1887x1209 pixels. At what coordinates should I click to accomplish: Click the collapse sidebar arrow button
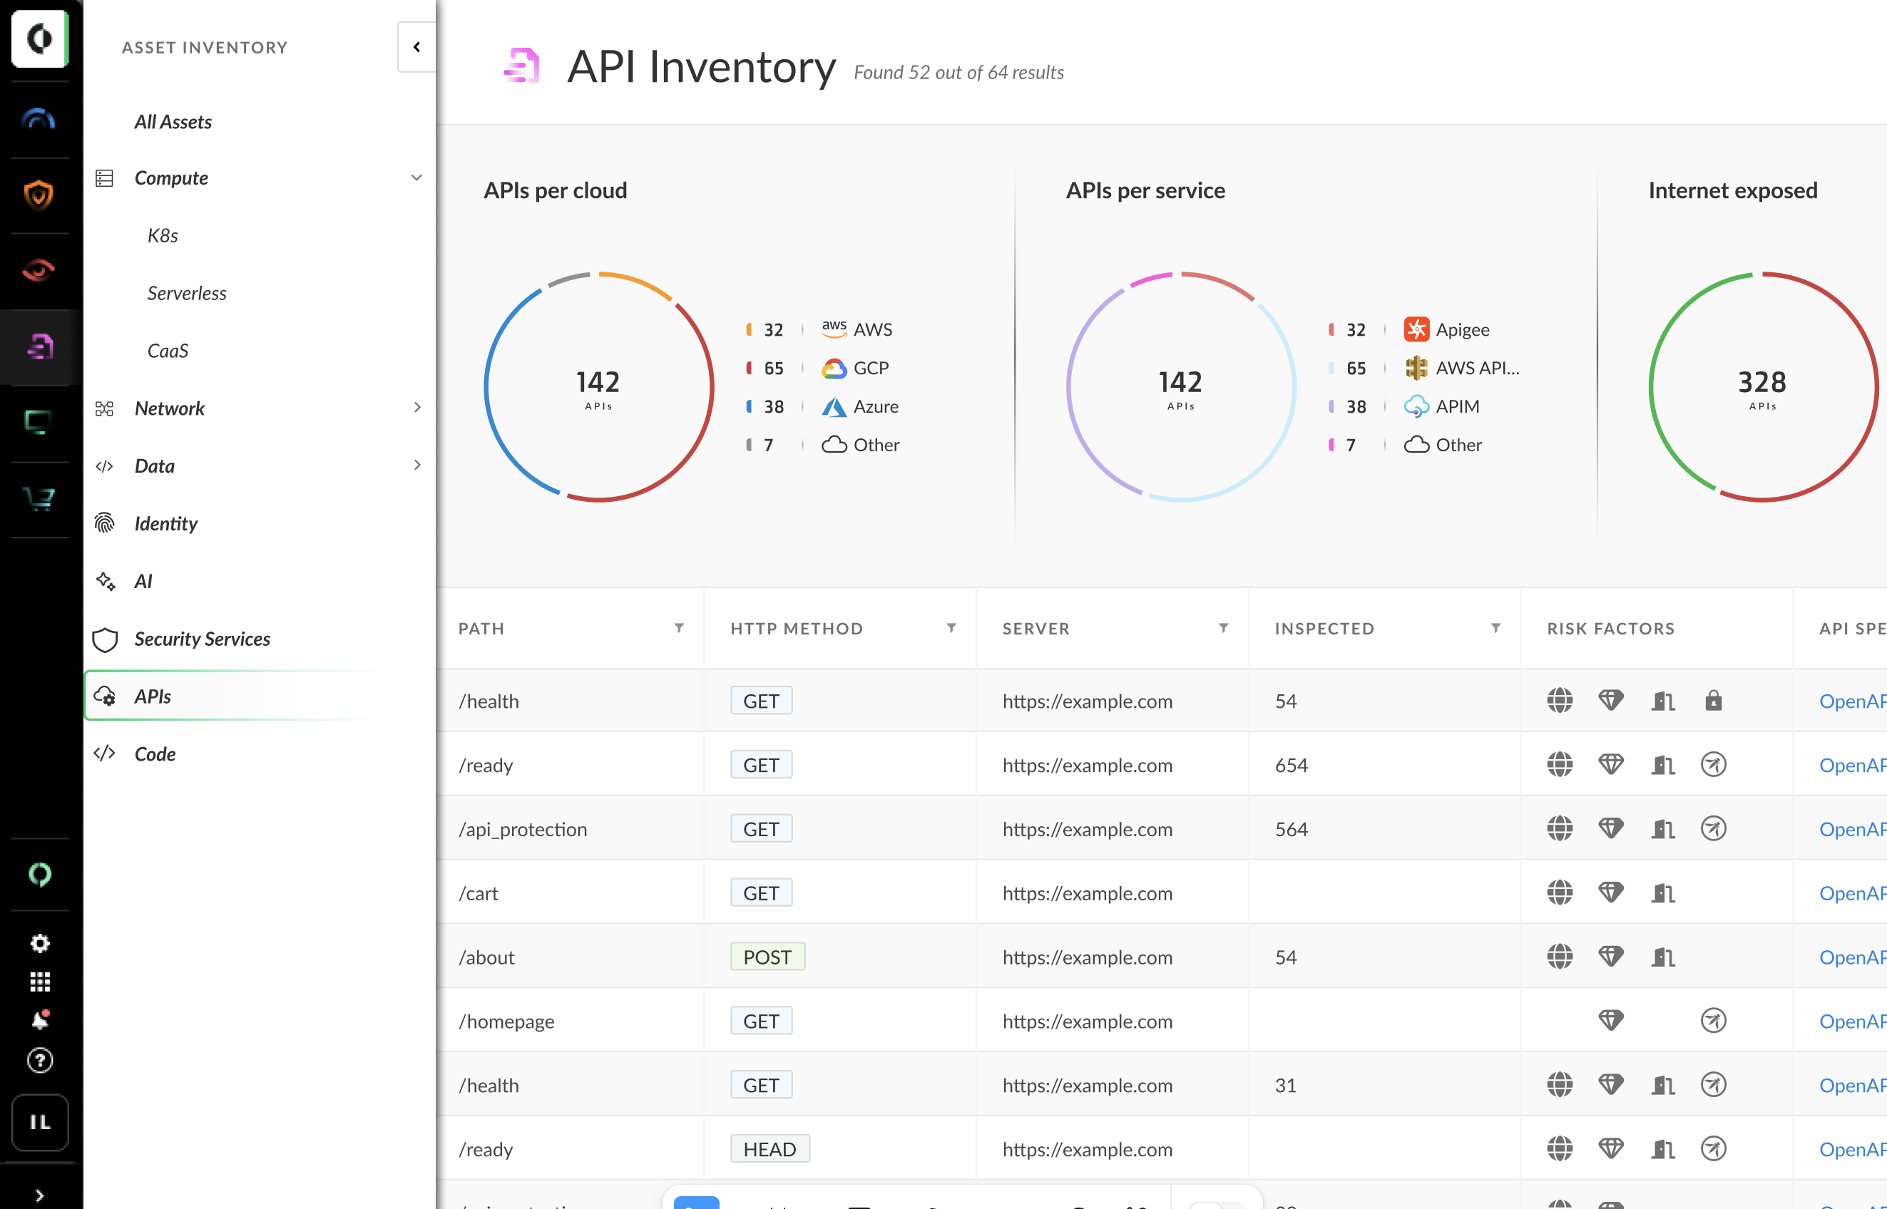(417, 47)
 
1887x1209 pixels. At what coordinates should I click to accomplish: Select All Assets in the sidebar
(173, 122)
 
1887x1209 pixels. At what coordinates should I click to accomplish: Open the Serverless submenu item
(187, 293)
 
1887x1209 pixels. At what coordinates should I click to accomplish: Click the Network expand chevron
(417, 408)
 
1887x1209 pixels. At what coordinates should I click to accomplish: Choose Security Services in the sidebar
(202, 639)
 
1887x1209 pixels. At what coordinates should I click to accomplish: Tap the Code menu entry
(155, 753)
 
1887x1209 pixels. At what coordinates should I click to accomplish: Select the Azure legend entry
(875, 406)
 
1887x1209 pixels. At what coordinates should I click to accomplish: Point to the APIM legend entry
(1457, 406)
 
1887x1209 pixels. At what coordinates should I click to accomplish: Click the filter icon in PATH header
(679, 628)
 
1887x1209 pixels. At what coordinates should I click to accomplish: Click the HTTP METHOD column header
(797, 629)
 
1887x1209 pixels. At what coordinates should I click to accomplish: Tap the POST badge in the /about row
(767, 957)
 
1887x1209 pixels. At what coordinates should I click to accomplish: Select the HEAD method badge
(769, 1149)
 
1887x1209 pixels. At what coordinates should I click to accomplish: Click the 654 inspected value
(1292, 766)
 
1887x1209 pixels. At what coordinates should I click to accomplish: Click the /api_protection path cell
(523, 830)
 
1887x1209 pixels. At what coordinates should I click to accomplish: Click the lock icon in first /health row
(1714, 700)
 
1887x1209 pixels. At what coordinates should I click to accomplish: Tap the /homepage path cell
(506, 1022)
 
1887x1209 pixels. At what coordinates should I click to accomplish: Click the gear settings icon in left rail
(40, 943)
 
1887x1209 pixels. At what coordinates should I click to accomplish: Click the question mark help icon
(40, 1061)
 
